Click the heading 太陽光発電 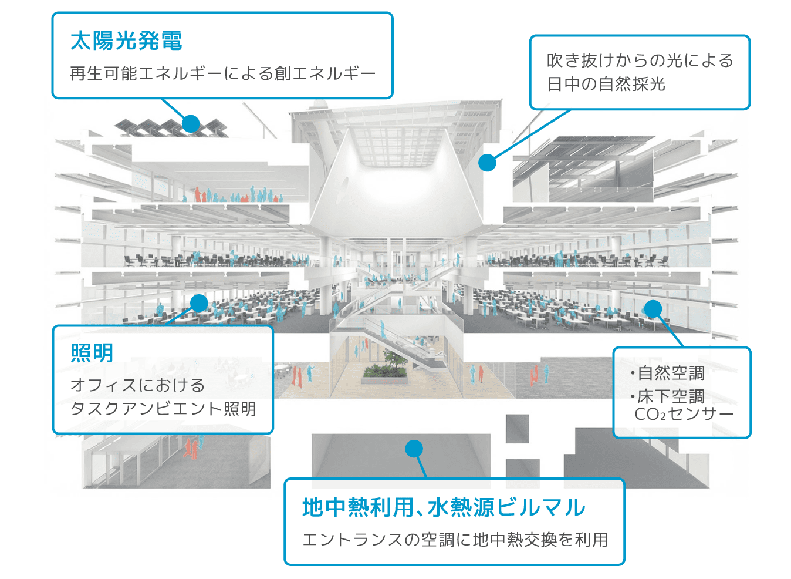126,41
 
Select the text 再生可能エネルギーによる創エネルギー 222,74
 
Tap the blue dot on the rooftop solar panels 191,123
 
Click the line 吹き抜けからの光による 640,60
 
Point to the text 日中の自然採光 606,85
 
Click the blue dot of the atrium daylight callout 487,163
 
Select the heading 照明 92,353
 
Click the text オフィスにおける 138,385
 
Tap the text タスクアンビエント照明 163,409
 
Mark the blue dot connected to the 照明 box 200,303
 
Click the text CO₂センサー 684,415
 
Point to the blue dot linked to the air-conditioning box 653,308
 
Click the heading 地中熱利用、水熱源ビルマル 444,508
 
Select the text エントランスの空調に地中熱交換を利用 455,540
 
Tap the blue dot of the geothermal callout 414,449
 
